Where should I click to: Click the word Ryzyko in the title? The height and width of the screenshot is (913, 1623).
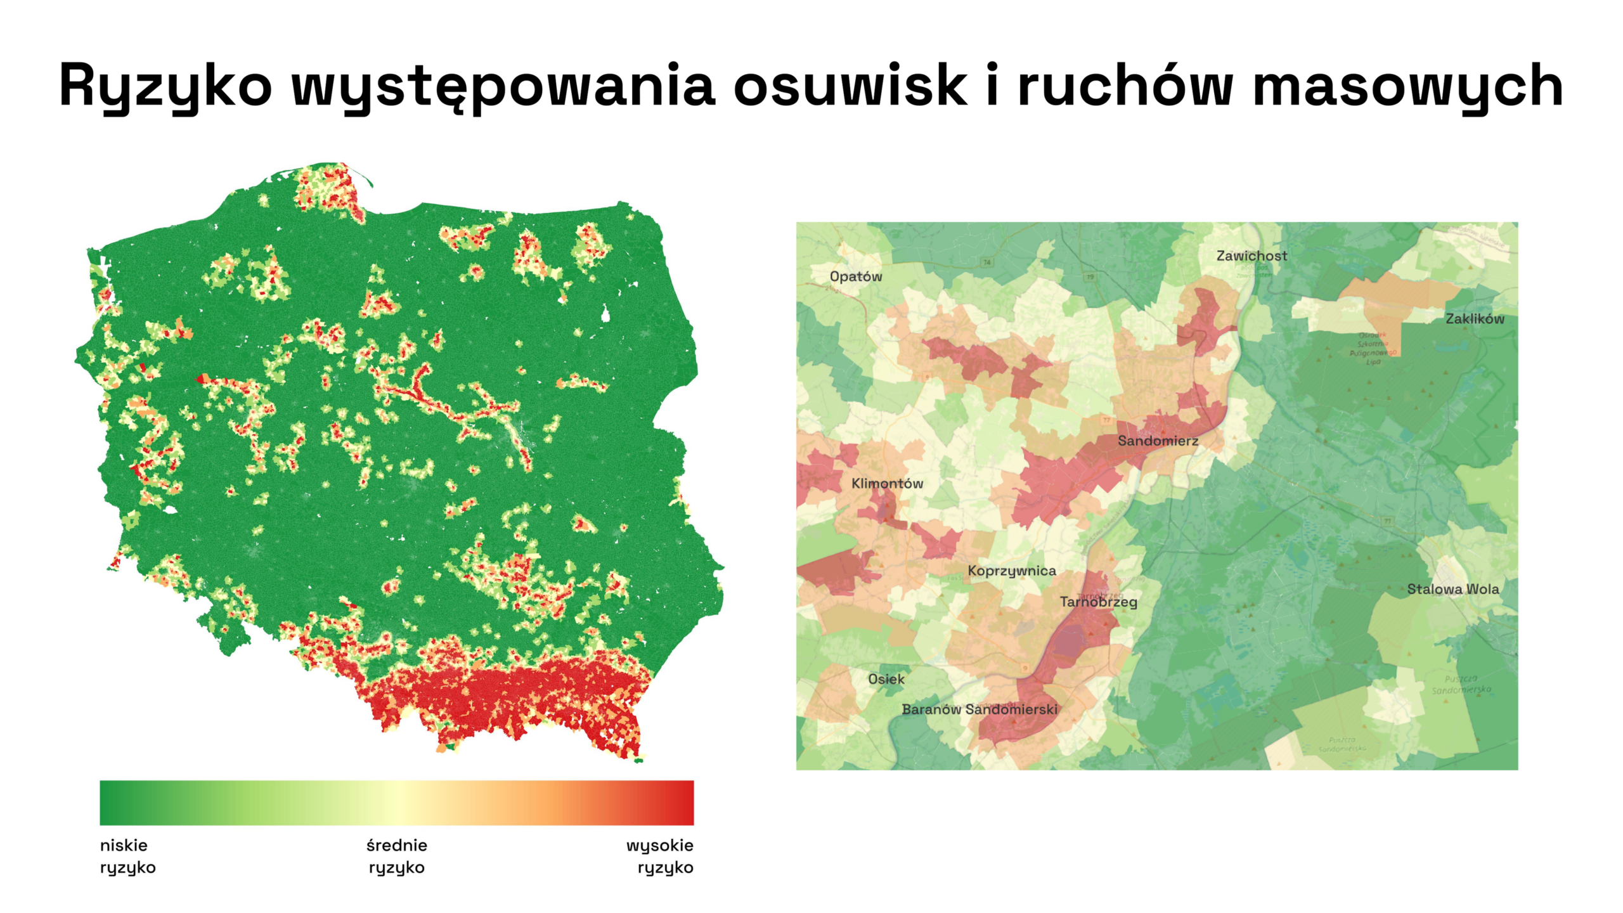165,86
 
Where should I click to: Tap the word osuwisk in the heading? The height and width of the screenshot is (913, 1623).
850,86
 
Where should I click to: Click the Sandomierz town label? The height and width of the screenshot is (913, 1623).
1158,441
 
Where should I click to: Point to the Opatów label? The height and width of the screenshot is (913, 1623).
855,276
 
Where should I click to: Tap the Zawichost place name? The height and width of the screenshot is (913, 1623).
1251,256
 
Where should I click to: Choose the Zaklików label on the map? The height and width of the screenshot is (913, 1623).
1474,319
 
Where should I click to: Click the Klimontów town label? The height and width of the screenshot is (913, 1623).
886,483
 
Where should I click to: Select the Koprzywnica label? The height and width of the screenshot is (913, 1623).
1011,571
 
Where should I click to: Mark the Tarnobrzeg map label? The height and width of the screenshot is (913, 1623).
1098,602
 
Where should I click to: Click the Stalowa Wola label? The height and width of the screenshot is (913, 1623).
1452,589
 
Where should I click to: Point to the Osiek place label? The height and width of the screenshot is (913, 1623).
886,679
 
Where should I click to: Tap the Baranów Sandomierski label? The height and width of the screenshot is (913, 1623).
979,709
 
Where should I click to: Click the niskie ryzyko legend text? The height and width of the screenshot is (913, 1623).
127,856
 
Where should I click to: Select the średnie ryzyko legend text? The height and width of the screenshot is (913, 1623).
397,856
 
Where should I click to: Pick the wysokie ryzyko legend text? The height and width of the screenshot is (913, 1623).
660,856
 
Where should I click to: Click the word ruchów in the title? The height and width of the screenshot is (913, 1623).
1125,86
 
